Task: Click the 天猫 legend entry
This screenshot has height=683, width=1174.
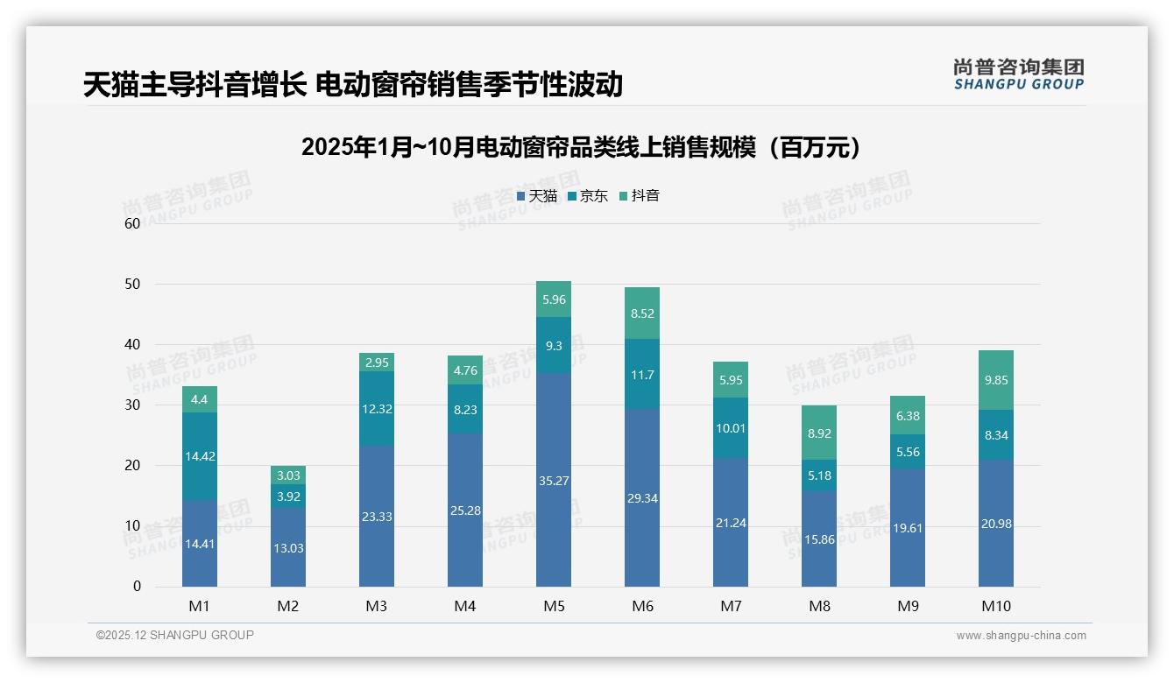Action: [537, 196]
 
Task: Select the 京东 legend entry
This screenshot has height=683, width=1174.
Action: [588, 196]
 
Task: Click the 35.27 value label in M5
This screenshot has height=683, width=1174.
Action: [553, 481]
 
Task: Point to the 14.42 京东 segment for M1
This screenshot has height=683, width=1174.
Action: [200, 456]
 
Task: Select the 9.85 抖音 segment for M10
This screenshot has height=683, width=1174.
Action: [995, 380]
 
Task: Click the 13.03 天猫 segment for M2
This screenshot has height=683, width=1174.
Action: [287, 548]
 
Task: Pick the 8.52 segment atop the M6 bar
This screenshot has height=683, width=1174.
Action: [641, 313]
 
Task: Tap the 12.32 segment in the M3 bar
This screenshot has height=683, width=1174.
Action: [376, 409]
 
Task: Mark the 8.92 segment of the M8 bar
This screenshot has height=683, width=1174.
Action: [818, 433]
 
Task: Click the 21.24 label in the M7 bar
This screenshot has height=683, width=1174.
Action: [730, 523]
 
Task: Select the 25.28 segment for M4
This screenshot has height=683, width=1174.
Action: [464, 510]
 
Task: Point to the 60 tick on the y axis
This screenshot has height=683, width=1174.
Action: [132, 223]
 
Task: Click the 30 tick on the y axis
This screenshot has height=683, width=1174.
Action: [132, 405]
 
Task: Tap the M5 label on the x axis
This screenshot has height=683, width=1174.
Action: [553, 606]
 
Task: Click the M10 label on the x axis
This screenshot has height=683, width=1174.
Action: [995, 606]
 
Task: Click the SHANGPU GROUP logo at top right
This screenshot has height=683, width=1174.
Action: [1018, 74]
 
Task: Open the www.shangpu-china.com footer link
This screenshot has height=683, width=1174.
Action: [1021, 636]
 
